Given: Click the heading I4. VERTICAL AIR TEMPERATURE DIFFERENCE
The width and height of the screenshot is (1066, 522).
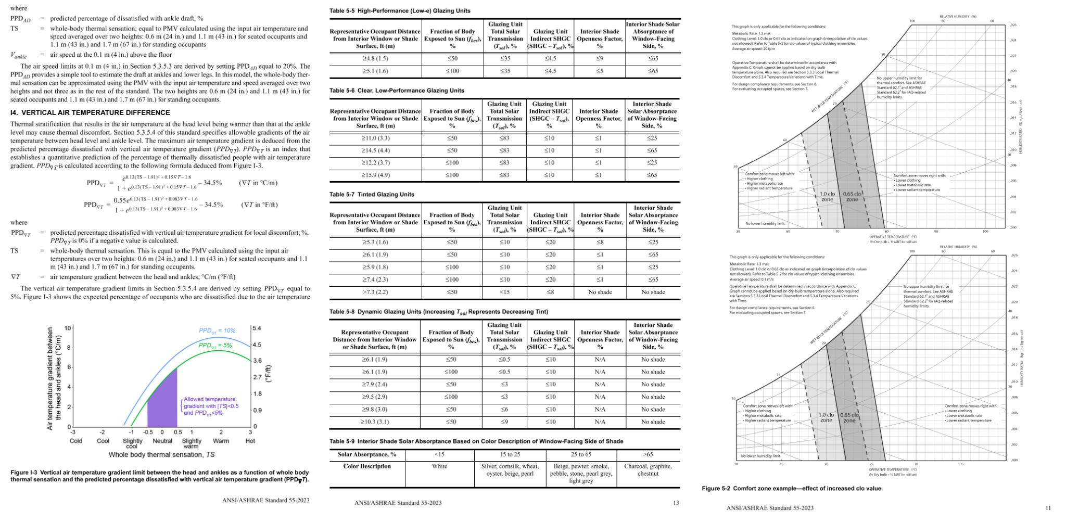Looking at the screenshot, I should [90, 112].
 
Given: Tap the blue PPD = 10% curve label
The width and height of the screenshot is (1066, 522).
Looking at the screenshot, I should [217, 330].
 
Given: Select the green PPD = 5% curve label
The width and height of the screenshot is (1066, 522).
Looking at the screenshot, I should [215, 346].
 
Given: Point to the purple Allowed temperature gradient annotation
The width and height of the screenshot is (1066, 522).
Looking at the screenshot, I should [211, 406].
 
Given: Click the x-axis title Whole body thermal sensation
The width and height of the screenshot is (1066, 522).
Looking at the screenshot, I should [161, 454].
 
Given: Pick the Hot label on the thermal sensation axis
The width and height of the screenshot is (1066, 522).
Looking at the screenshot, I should [250, 441].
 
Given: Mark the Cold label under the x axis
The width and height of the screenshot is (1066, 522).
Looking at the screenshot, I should [76, 441].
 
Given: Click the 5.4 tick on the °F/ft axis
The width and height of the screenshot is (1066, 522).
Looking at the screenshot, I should [257, 328].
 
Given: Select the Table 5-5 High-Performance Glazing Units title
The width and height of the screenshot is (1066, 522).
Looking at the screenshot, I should [400, 11].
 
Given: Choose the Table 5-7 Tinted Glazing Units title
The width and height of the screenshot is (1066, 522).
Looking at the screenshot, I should [372, 195].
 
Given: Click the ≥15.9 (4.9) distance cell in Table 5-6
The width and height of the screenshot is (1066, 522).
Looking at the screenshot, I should [376, 175].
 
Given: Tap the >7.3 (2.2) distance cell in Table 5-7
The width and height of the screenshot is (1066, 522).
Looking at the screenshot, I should [376, 292].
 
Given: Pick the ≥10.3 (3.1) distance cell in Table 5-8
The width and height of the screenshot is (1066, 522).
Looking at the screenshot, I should [375, 422].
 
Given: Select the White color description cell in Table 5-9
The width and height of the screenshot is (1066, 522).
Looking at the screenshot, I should [439, 466].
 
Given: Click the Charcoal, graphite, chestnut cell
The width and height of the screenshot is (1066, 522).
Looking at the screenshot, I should [648, 470].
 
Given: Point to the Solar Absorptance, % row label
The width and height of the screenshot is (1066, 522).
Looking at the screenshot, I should [367, 454].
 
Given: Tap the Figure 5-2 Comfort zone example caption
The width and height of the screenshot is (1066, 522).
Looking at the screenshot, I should [792, 488].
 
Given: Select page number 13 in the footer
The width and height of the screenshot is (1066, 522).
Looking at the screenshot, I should [676, 503].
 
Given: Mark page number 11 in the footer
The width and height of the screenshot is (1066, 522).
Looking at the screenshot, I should [1048, 508].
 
